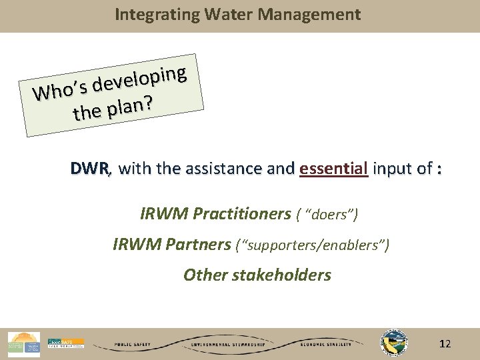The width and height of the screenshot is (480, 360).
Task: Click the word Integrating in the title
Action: pos(147,15)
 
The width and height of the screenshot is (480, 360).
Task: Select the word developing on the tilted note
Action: pos(139,81)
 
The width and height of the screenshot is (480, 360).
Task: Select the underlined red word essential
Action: pos(334,169)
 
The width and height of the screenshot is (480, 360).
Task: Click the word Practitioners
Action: pos(241,214)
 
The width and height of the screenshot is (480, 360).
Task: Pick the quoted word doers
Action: pos(329,215)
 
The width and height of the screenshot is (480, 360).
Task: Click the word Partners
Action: pos(198,245)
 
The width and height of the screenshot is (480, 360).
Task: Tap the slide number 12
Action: pos(445,344)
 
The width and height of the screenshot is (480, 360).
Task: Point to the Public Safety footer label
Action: pos(133,345)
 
